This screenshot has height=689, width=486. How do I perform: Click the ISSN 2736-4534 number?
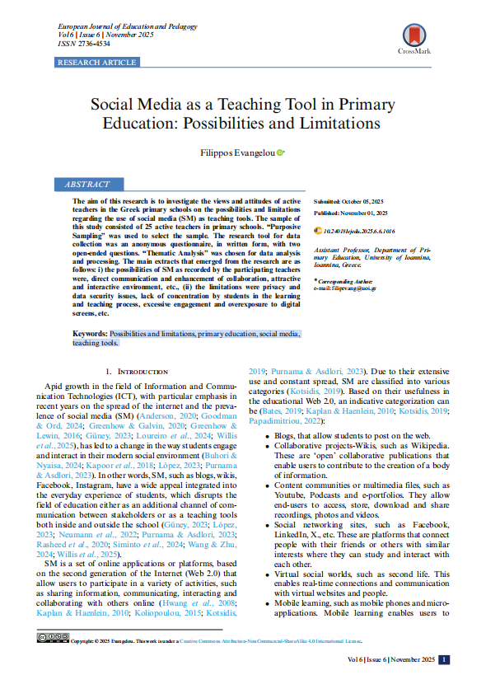coord(83,43)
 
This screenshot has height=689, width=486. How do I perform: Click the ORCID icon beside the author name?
coord(281,152)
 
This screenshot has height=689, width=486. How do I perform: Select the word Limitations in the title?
coord(328,124)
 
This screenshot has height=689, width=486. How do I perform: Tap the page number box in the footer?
coord(444,659)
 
